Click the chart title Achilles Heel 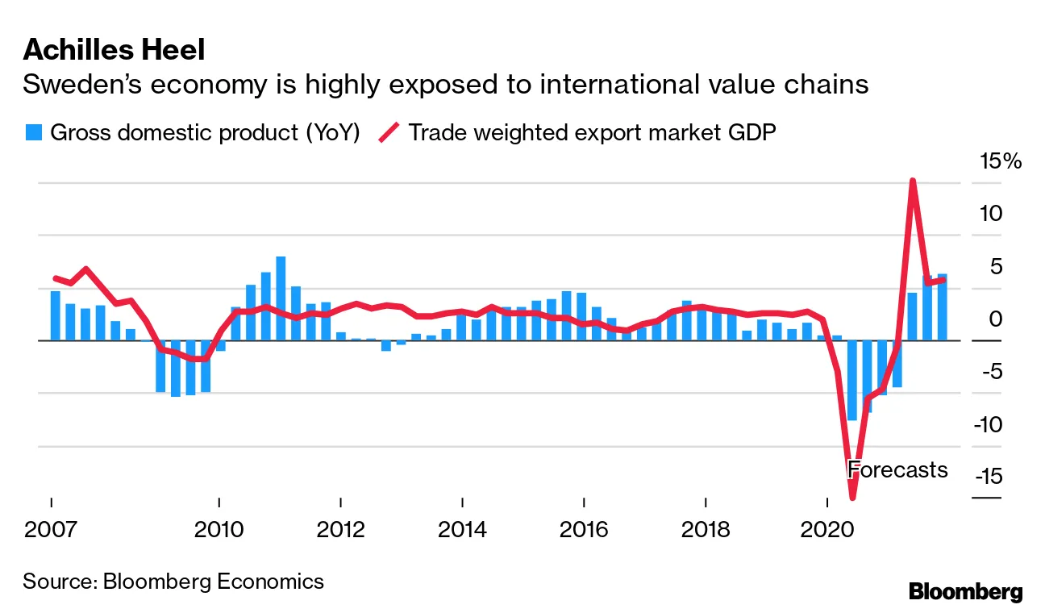(114, 50)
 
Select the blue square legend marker (32, 132)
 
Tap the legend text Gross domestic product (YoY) (205, 132)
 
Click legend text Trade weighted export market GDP (592, 132)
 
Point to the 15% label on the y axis (1000, 161)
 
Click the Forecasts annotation (897, 469)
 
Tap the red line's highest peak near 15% (912, 181)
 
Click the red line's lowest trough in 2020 (851, 497)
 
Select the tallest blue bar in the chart (281, 298)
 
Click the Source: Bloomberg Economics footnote (173, 581)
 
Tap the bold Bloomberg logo (965, 591)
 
